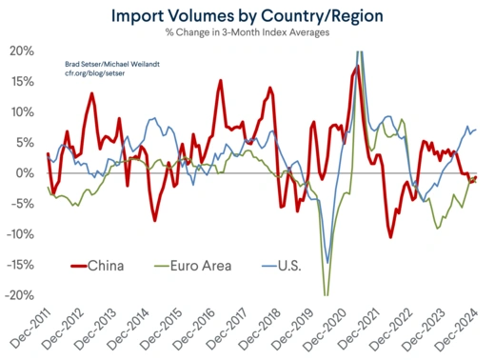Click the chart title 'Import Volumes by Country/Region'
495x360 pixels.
pos(247,16)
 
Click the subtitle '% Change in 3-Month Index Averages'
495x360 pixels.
pos(247,35)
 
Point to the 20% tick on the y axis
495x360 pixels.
pos(22,50)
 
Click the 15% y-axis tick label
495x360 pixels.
pos(22,81)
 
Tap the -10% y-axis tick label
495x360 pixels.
pos(20,234)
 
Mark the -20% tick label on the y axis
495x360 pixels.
pos(20,295)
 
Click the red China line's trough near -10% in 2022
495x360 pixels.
pos(390,236)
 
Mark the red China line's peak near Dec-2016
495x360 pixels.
pos(220,81)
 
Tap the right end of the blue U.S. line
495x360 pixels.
pos(476,130)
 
